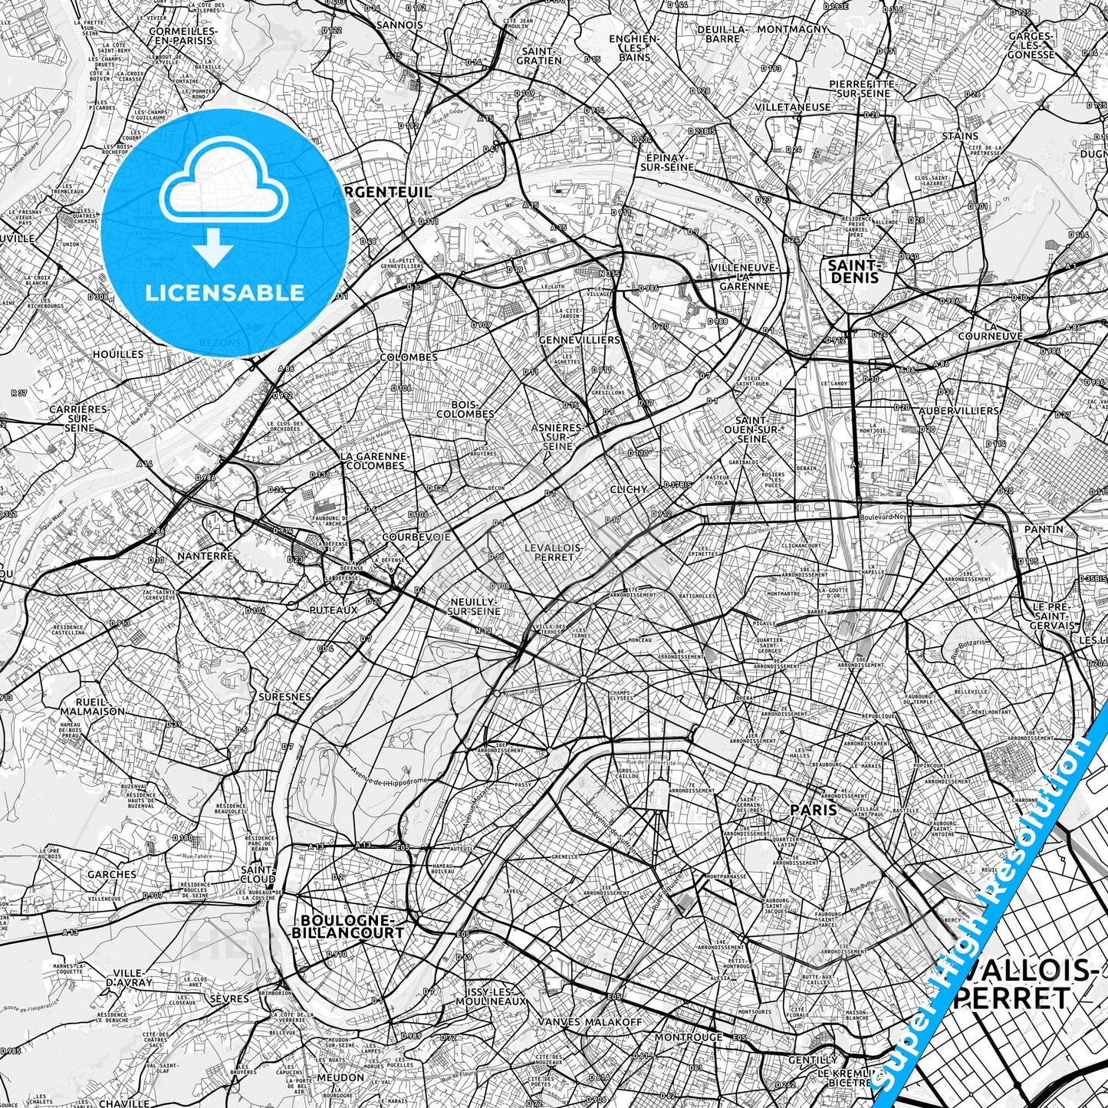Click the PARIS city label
(x=813, y=810)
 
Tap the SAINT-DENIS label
(x=853, y=271)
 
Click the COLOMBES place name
(x=409, y=357)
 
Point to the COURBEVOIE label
(x=416, y=538)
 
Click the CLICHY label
(x=628, y=488)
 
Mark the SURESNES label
(x=285, y=697)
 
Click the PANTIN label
(x=1044, y=529)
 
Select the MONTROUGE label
(x=688, y=1037)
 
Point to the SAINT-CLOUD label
(x=258, y=875)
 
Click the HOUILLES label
(x=117, y=354)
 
